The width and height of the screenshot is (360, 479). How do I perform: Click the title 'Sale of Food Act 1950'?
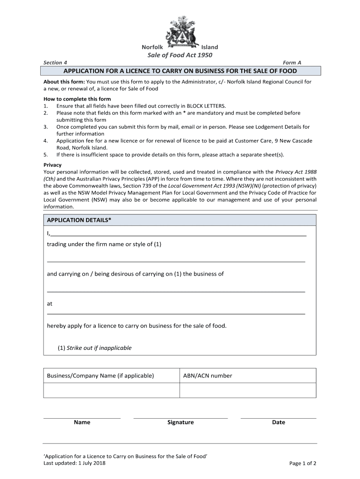(x=180, y=56)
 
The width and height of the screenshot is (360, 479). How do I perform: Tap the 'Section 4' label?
(x=55, y=62)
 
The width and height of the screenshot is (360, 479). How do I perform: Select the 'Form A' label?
(x=292, y=62)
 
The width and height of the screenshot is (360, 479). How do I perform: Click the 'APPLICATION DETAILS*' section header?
(x=79, y=220)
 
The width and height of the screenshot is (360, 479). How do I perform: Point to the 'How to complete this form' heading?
(x=77, y=99)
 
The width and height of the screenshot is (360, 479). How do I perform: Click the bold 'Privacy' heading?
(x=52, y=165)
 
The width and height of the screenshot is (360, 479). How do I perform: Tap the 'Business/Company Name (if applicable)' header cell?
(x=100, y=376)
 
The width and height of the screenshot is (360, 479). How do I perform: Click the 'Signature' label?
(x=180, y=422)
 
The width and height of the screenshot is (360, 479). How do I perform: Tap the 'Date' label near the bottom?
(x=278, y=422)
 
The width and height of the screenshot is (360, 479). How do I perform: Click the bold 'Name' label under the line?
(x=82, y=422)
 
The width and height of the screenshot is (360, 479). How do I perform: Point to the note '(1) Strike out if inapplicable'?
(x=94, y=348)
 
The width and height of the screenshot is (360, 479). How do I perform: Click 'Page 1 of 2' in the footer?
(x=303, y=464)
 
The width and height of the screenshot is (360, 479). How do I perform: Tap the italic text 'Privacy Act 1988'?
(x=296, y=172)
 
